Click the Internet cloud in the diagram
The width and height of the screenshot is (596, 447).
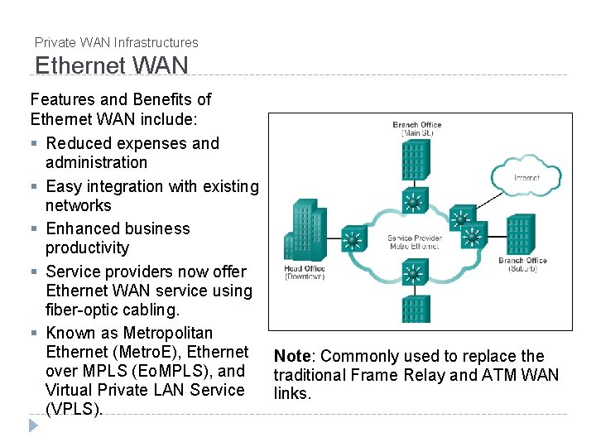(x=526, y=176)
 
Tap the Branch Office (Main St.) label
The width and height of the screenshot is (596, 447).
(x=417, y=128)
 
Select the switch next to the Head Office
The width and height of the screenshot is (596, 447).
(x=352, y=241)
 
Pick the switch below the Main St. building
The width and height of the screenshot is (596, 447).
(x=411, y=201)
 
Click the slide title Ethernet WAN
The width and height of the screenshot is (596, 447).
(x=112, y=65)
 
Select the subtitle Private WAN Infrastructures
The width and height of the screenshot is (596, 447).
(x=117, y=42)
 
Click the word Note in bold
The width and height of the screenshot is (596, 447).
(x=291, y=357)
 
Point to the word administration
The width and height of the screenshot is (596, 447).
(x=96, y=163)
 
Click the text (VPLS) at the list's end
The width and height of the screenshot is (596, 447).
(x=74, y=409)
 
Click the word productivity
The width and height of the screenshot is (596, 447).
(x=88, y=248)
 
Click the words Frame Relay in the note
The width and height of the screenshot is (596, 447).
(x=384, y=376)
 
